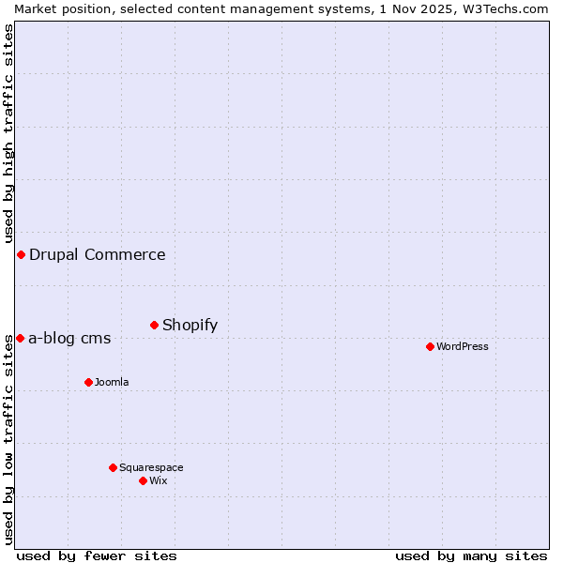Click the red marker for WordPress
tap(430, 346)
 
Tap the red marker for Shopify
tap(154, 325)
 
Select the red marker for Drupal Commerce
tap(21, 254)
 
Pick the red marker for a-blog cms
tap(20, 338)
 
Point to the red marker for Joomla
tap(88, 382)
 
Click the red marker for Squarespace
tap(113, 467)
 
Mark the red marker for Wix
tap(143, 480)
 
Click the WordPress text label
tap(462, 346)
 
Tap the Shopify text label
tap(190, 325)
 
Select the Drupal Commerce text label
tap(97, 254)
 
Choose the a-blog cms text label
tap(69, 338)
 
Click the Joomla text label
tap(112, 382)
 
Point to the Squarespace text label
tap(151, 467)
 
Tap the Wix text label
tap(159, 480)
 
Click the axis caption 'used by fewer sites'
tap(97, 555)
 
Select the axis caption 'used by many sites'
tap(471, 555)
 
